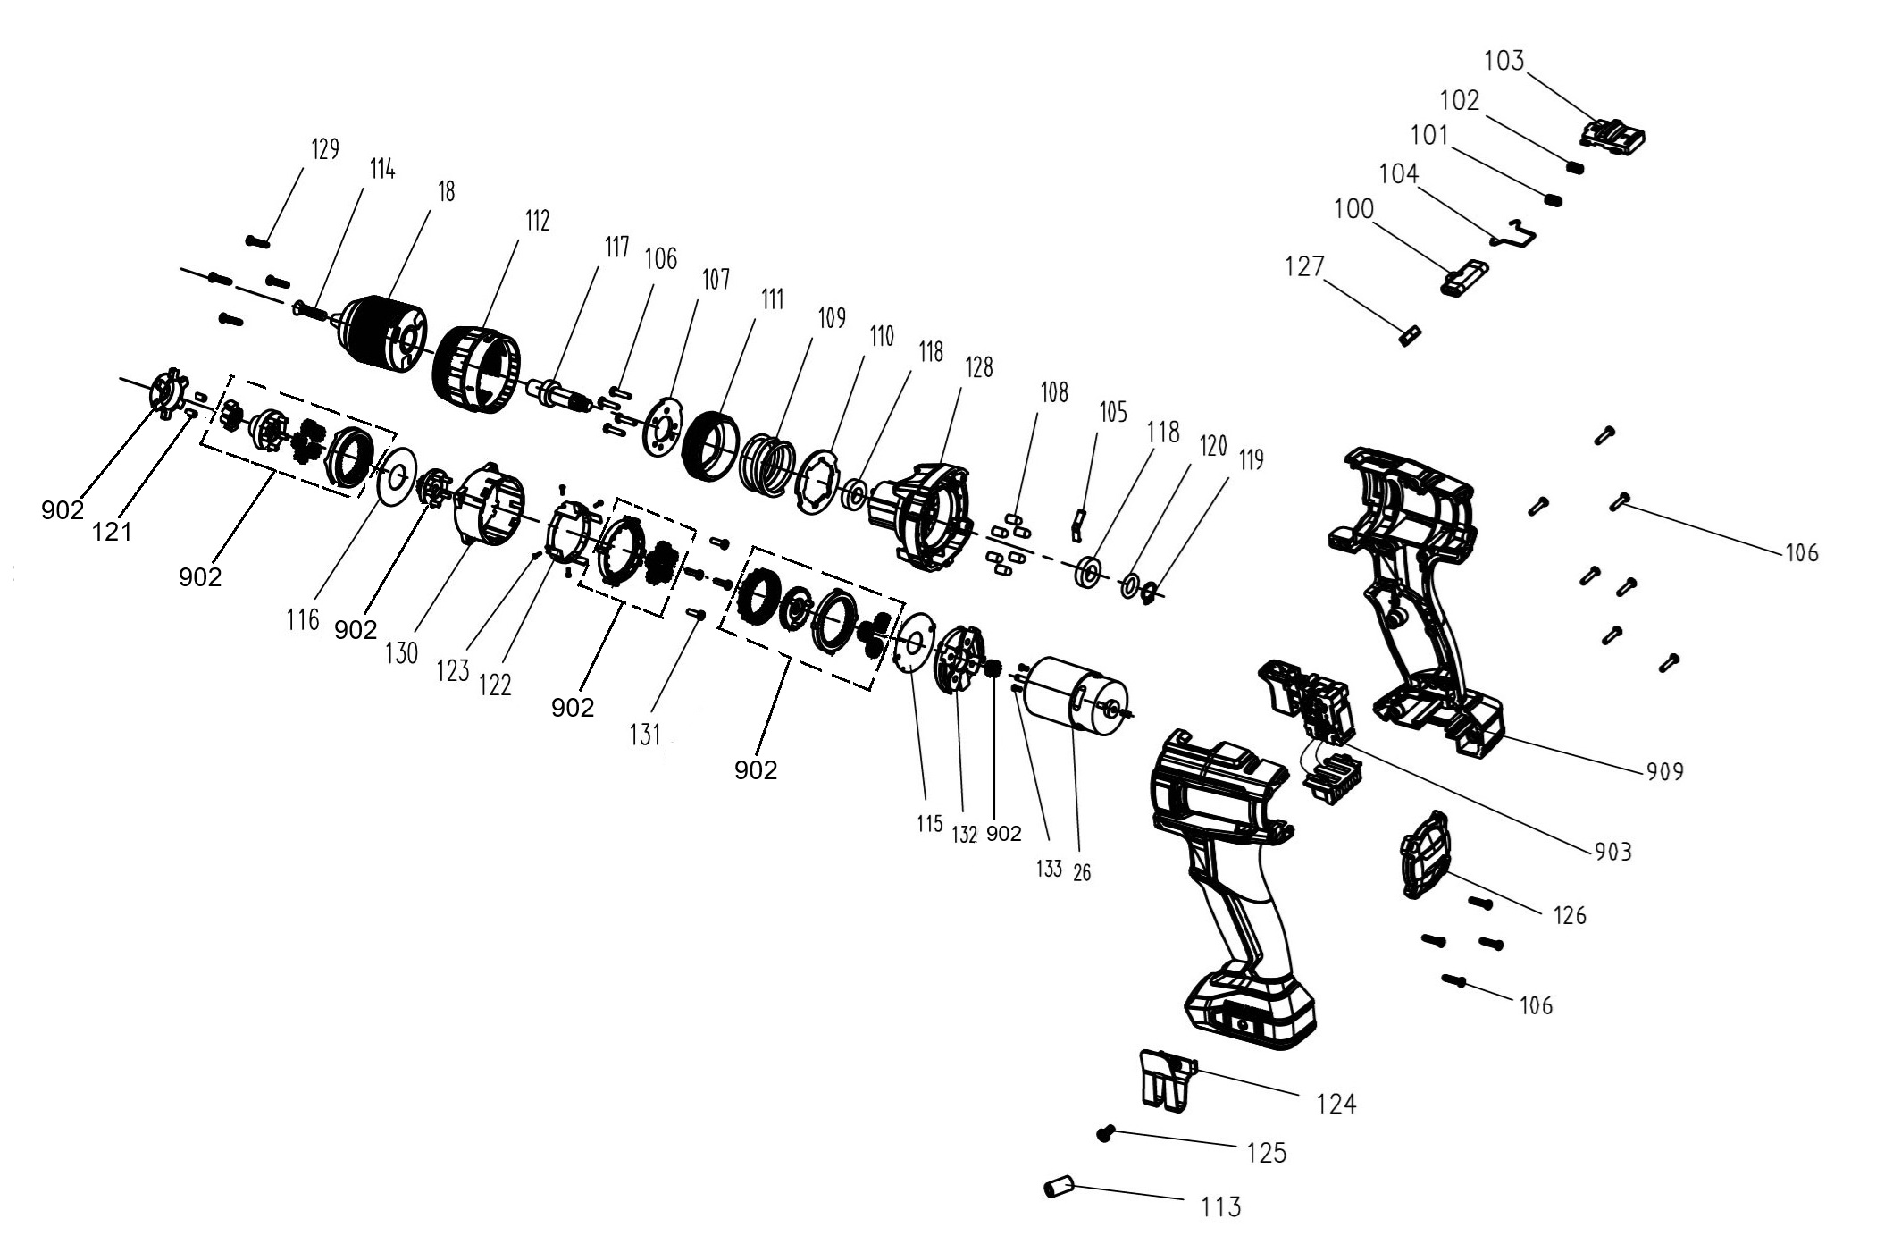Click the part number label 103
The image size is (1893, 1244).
coord(1504,62)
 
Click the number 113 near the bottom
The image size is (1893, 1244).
coord(1220,1207)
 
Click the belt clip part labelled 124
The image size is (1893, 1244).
coord(1165,1082)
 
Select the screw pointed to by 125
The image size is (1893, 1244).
coord(1107,1133)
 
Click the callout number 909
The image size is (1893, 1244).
coord(1664,771)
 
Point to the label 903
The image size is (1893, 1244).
coord(1612,852)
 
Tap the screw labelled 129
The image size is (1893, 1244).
coord(257,240)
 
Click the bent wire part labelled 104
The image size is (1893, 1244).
coord(1516,233)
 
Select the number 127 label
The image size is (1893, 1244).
coord(1304,266)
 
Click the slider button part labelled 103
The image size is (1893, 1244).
coord(1612,135)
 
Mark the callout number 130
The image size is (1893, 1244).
coord(401,653)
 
